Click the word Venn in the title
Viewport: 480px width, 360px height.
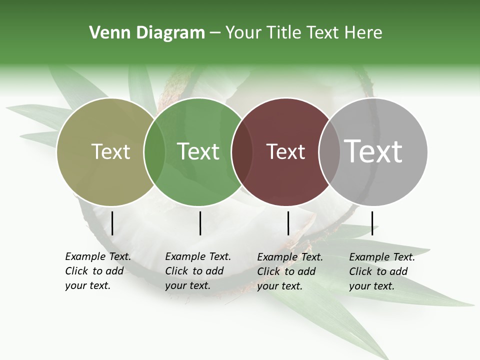[106, 33]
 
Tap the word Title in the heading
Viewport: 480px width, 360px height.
[283, 33]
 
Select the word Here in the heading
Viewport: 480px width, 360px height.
[364, 33]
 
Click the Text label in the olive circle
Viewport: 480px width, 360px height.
[111, 151]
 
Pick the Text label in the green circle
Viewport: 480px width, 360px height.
[198, 151]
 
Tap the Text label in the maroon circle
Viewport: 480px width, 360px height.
[286, 151]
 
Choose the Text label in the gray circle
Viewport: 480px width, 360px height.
[373, 151]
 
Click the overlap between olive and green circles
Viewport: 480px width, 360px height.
[154, 152]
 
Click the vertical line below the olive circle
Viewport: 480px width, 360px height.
[112, 223]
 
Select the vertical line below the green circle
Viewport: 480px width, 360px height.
[200, 223]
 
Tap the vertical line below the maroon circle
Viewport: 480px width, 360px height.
[288, 223]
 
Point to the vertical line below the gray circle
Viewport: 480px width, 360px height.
[372, 223]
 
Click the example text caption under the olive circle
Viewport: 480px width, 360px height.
[98, 271]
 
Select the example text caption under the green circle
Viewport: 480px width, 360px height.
[198, 271]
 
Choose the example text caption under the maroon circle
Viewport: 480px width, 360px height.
[290, 271]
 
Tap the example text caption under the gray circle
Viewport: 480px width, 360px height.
[382, 271]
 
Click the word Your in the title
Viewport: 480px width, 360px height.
[243, 33]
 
